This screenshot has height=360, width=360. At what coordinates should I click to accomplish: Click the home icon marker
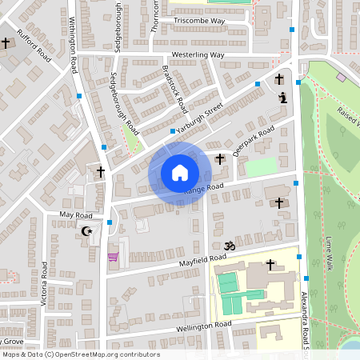[179, 173]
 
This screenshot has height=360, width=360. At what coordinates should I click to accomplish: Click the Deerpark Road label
[253, 140]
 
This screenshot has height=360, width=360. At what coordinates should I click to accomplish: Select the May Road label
[77, 215]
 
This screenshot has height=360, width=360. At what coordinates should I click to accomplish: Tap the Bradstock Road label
[174, 88]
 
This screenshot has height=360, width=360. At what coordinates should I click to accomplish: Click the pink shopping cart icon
[113, 257]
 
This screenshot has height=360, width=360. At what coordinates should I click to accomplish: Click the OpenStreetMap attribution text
[81, 354]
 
